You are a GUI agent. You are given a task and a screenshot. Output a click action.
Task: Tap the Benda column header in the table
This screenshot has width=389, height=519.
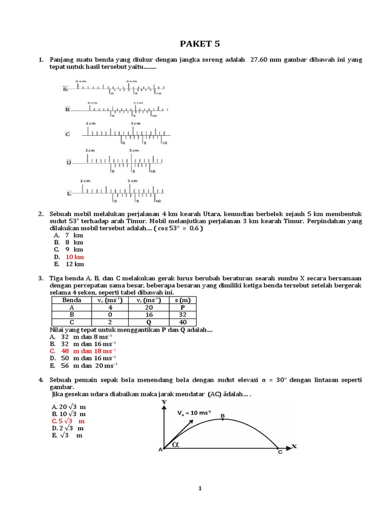click(x=71, y=300)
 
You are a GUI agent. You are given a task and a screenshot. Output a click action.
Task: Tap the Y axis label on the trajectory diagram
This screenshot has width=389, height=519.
click(x=164, y=402)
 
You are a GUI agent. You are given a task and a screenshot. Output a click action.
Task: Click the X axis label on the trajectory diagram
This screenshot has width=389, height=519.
click(x=294, y=447)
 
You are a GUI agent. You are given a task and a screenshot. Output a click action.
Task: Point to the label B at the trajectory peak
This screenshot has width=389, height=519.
click(x=222, y=416)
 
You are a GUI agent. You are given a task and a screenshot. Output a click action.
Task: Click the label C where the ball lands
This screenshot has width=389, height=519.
click(x=280, y=453)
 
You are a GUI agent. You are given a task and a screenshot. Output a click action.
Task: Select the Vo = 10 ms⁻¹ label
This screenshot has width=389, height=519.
click(x=194, y=413)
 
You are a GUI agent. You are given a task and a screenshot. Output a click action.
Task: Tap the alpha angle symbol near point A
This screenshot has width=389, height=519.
click(x=176, y=444)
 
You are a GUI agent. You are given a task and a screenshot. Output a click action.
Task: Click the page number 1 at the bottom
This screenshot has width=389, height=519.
click(x=201, y=489)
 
